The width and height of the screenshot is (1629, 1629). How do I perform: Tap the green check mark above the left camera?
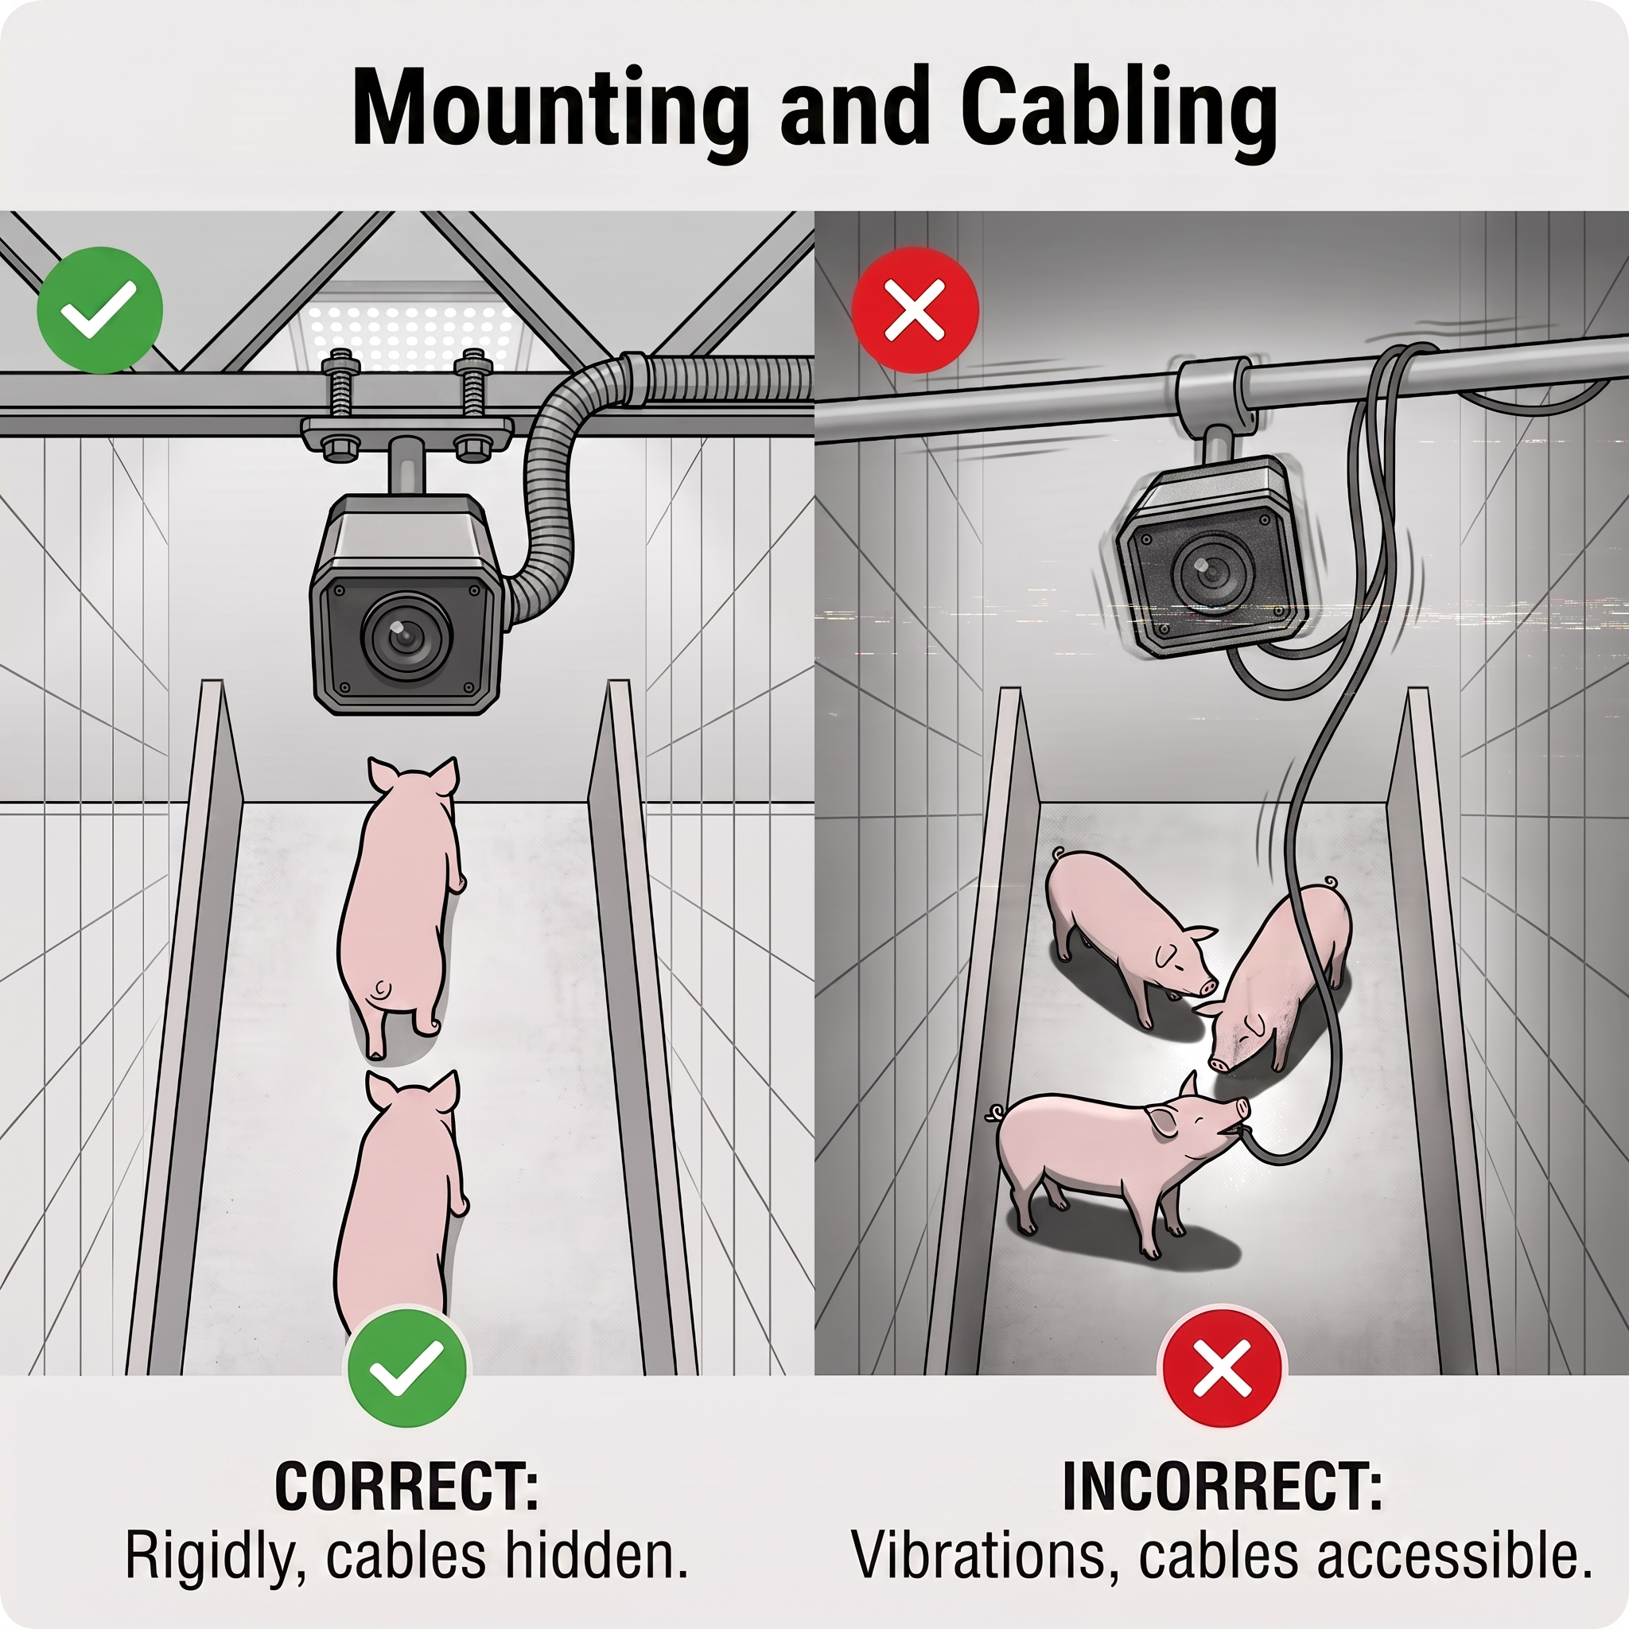100,309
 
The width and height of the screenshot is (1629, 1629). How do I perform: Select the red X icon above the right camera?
915,309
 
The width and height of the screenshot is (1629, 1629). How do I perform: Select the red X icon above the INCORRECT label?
1223,1367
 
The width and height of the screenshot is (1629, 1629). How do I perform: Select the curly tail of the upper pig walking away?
382,988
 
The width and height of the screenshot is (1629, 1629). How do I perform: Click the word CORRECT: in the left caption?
407,1486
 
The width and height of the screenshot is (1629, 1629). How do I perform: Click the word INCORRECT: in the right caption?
1223,1486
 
